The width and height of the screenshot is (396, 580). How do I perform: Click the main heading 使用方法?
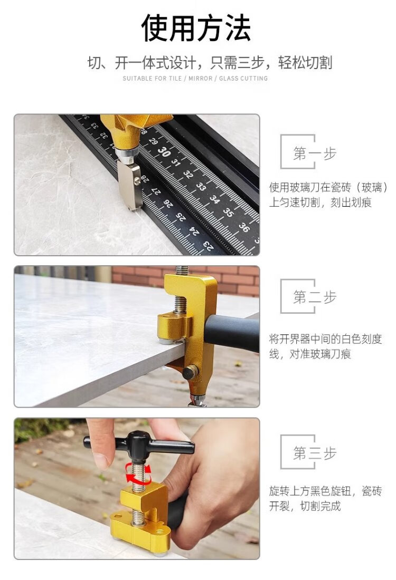click(x=196, y=28)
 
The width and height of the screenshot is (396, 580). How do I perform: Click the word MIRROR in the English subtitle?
click(x=201, y=79)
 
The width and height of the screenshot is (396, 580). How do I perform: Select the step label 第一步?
click(x=315, y=153)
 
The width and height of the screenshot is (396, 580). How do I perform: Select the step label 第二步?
click(x=315, y=297)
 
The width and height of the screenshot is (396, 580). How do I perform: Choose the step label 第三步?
click(x=315, y=453)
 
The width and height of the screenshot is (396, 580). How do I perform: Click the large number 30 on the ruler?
click(x=164, y=151)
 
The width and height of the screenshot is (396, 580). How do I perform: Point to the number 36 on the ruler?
click(x=244, y=227)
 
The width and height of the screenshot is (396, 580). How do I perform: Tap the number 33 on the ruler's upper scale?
click(x=201, y=187)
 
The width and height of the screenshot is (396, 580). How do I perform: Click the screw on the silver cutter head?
click(x=137, y=181)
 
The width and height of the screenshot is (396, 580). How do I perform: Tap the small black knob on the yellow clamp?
click(x=191, y=372)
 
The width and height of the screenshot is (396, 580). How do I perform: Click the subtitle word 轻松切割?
click(x=305, y=63)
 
